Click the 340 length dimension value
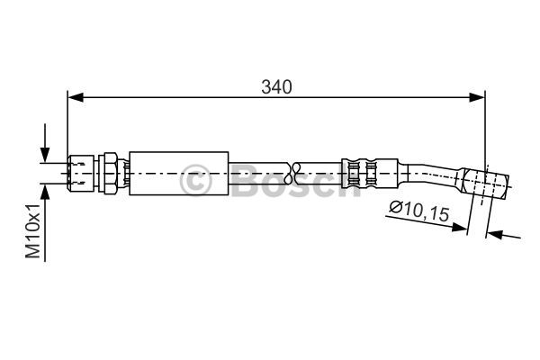276,87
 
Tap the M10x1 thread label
33,230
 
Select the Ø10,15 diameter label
419,211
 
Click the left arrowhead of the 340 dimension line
76,97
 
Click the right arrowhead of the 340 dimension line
477,97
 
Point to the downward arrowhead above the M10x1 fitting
45,154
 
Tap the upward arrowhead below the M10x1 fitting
45,192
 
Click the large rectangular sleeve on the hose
179,174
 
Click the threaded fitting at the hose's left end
81,173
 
